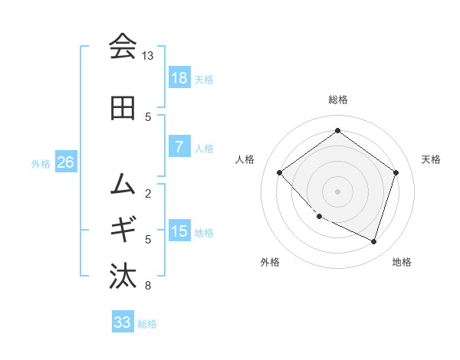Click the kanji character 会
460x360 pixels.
123,47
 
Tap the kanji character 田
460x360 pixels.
123,109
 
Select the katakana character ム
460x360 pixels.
123,183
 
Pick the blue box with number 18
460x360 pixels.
179,78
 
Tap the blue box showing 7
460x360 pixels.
179,147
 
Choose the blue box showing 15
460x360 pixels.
179,231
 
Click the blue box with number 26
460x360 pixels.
65,162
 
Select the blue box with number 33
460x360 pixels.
122,322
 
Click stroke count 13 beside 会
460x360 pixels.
147,57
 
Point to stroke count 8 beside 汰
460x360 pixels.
147,286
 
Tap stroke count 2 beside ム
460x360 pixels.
147,193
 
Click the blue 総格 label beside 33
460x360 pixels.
148,324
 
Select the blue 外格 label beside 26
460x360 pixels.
40,164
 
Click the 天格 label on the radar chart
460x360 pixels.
431,159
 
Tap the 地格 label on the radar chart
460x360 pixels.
402,262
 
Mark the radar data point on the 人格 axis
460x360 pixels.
280,172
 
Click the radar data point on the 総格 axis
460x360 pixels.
337,130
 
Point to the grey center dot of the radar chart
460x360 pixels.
337,191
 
